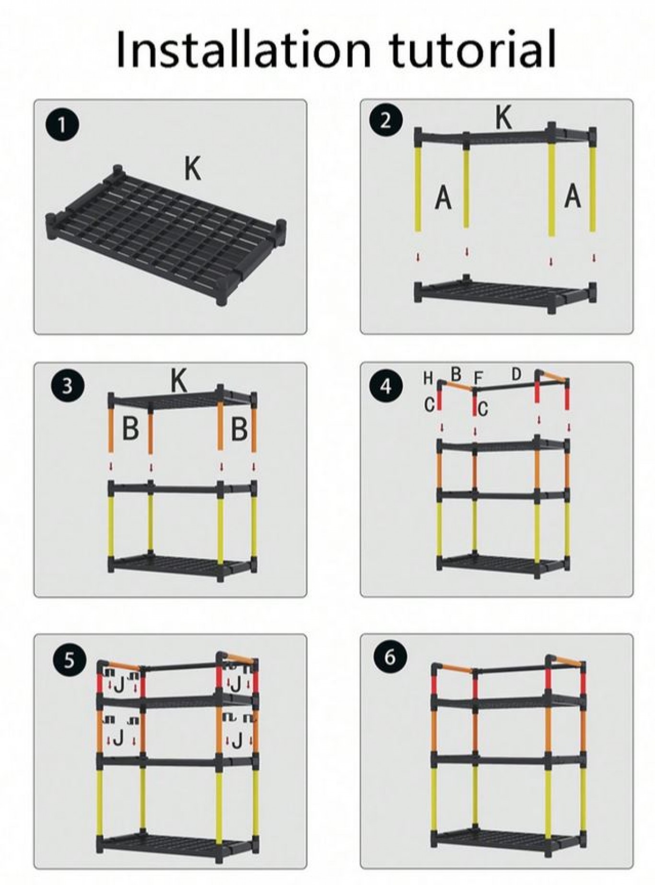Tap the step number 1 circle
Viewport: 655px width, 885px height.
point(62,126)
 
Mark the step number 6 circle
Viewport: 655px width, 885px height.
point(390,657)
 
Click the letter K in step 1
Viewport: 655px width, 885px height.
point(193,168)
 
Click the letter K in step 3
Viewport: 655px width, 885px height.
point(179,381)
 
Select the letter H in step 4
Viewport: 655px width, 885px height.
point(428,378)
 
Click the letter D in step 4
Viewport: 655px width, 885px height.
point(516,374)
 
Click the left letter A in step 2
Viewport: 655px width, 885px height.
point(443,197)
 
